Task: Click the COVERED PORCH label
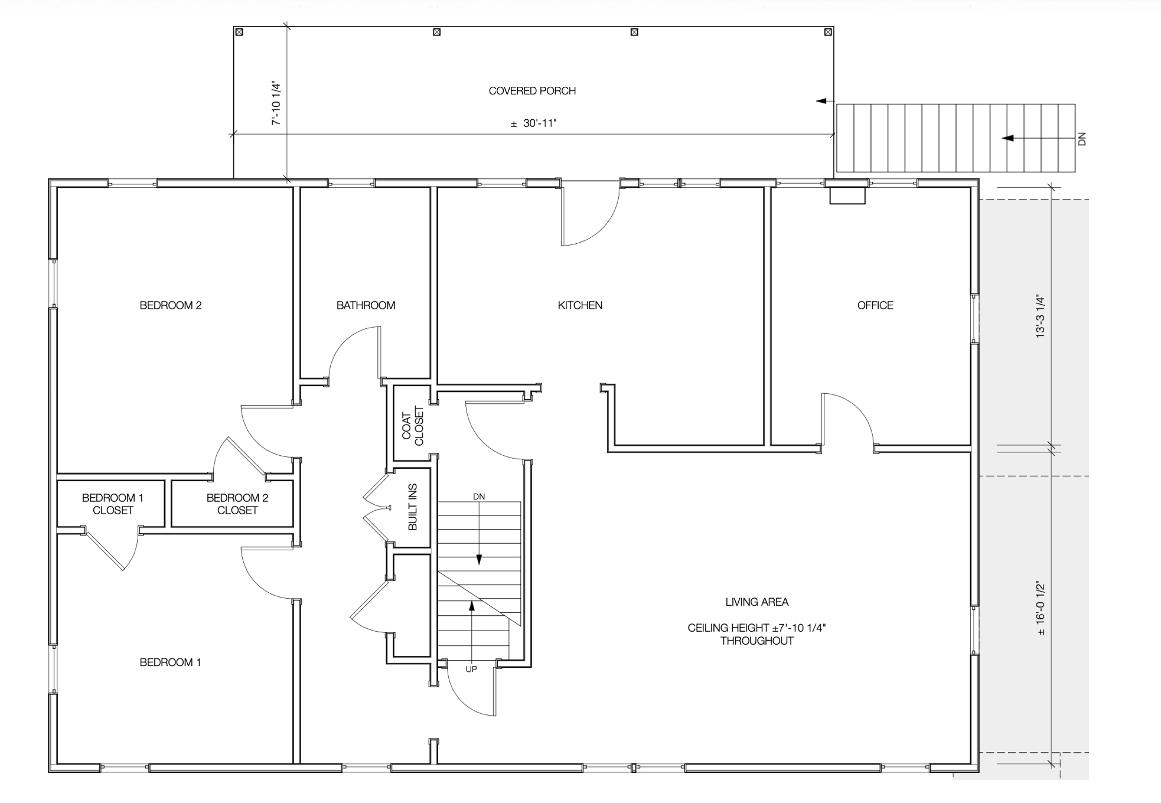pos(532,91)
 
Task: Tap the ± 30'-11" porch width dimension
pos(533,123)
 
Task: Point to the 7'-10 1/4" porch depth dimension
pos(276,103)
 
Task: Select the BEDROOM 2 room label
pos(171,305)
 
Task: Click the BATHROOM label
pos(366,305)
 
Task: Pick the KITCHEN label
pos(580,305)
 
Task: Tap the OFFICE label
pos(875,305)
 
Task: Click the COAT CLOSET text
pos(413,426)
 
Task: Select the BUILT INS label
pos(413,507)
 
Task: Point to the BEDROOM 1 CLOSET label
pos(112,504)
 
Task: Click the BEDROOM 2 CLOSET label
pos(237,504)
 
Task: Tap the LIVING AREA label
pos(757,602)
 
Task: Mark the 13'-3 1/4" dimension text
pos(1041,316)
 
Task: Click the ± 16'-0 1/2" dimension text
pos(1041,609)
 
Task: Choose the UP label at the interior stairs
pos(471,670)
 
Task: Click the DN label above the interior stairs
pos(479,497)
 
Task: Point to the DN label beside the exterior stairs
pos(1082,139)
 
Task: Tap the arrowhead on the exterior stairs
pos(1007,138)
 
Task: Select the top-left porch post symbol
pos(239,32)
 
